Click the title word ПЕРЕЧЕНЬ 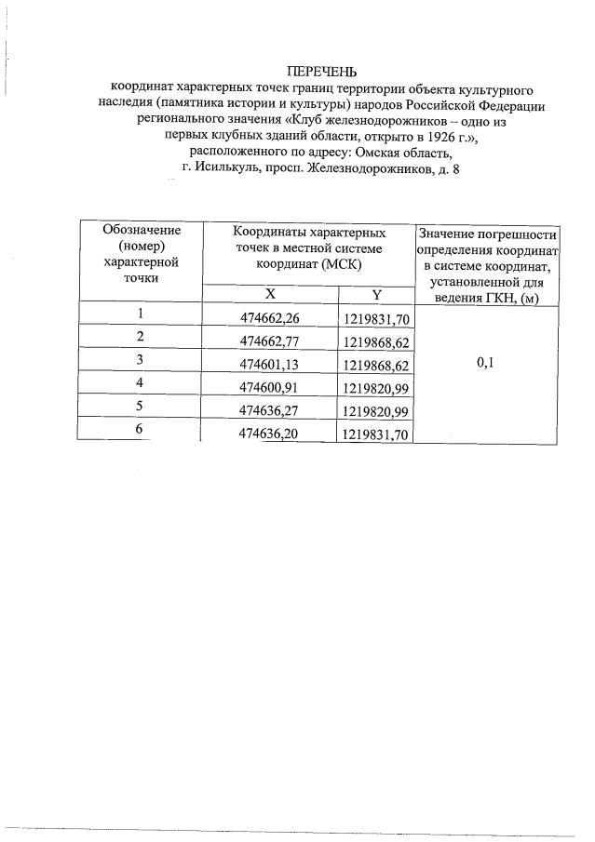coord(321,72)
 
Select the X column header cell coord(270,294)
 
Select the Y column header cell coord(376,294)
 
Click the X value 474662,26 coord(270,318)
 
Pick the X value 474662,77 coord(270,341)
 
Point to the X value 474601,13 coord(270,363)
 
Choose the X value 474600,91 coord(270,386)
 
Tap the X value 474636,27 coord(270,409)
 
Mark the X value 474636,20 coord(270,433)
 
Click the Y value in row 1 coord(376,318)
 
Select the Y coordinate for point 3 coord(376,364)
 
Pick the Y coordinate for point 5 coord(376,410)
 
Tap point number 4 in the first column coord(140,383)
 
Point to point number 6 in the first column coord(140,430)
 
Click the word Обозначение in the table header coord(141,231)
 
